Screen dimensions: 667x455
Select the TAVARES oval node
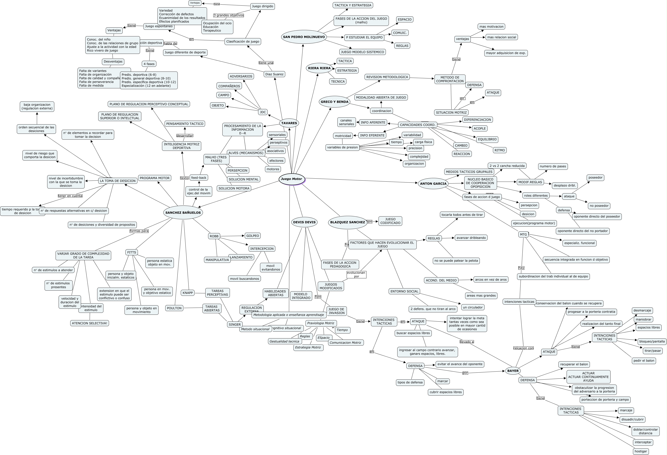point(289,123)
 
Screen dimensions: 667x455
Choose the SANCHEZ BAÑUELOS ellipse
point(183,213)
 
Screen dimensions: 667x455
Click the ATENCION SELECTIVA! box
point(90,323)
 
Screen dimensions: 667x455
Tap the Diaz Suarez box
point(274,74)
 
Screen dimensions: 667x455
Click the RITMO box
point(500,150)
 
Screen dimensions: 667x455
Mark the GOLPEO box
point(252,236)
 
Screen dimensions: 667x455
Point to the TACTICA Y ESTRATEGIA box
point(353,5)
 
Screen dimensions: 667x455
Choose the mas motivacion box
point(491,27)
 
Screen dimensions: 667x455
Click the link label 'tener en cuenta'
point(70,196)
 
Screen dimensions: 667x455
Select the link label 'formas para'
point(139,231)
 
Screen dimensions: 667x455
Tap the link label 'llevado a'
point(467,342)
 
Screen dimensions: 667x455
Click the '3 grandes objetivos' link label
point(228,15)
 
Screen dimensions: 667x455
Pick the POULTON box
point(174,308)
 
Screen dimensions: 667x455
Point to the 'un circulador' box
point(473,307)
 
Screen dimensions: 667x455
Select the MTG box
point(523,235)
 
